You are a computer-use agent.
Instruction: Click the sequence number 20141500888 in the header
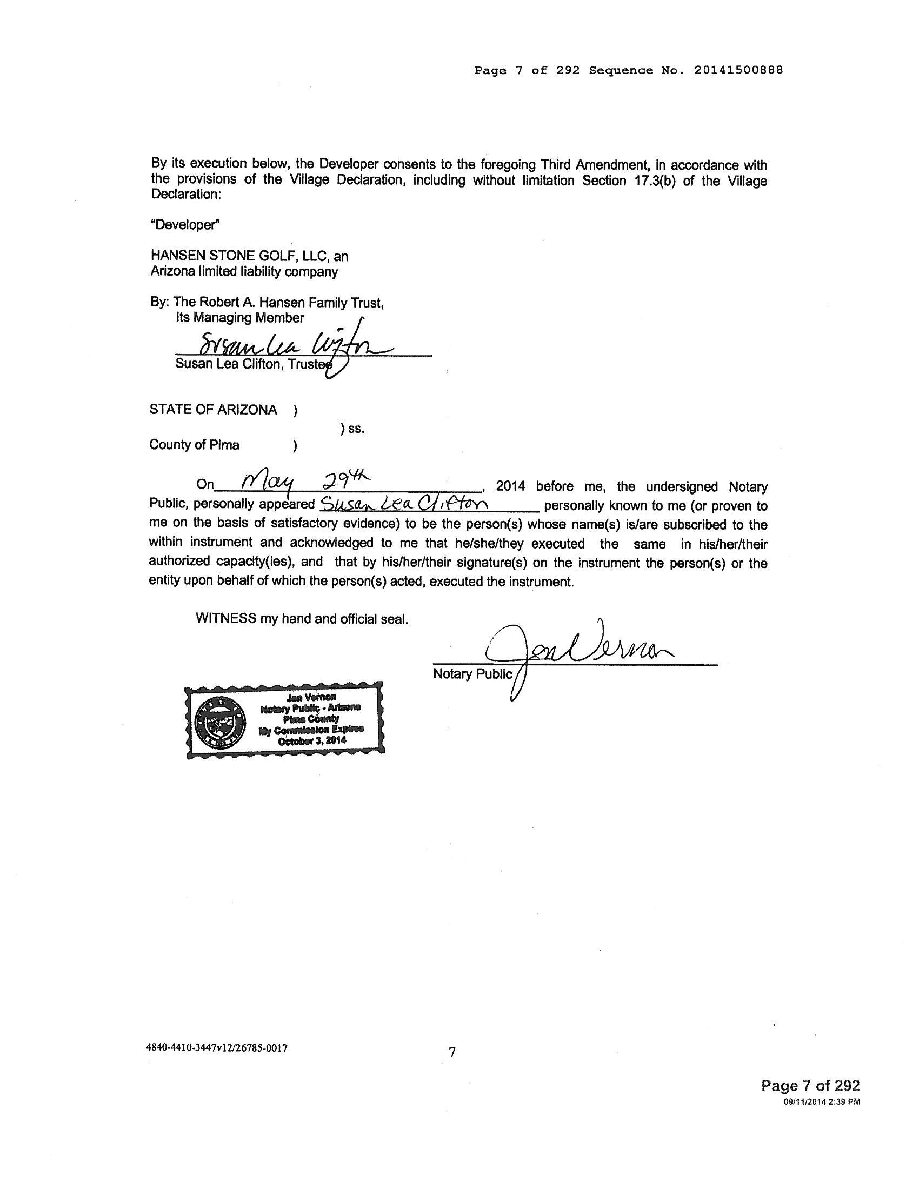click(x=738, y=70)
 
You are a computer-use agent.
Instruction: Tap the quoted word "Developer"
click(x=185, y=225)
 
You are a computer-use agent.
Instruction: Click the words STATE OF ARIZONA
click(x=213, y=410)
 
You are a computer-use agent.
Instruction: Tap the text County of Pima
click(x=195, y=445)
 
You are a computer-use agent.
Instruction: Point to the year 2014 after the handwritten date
click(x=510, y=486)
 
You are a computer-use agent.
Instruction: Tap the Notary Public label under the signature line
click(x=472, y=674)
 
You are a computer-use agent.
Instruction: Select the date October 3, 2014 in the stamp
click(x=312, y=740)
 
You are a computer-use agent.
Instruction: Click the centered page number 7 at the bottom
click(x=451, y=1052)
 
